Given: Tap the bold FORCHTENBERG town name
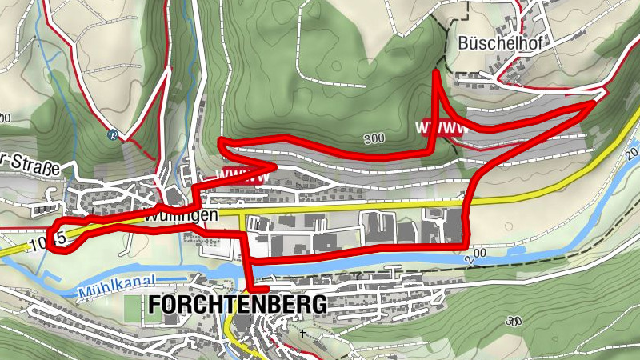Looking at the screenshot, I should [x=237, y=305].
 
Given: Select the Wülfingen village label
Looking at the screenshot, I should [x=171, y=217].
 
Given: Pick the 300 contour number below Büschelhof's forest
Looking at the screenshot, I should [x=373, y=138].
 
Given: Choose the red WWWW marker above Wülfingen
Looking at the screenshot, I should [x=241, y=174].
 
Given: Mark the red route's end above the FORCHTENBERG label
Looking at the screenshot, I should [x=264, y=290].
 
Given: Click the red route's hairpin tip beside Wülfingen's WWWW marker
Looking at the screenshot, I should [x=274, y=166].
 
